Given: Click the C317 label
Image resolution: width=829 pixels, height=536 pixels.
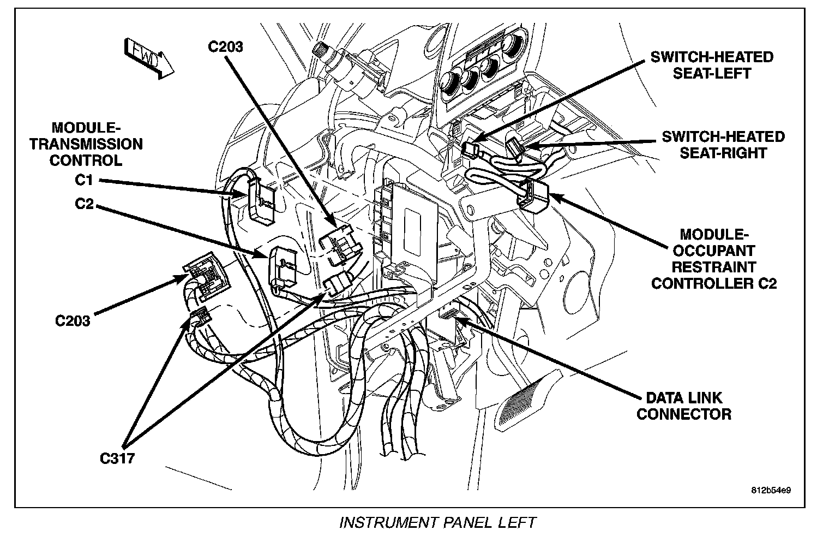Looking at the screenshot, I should point(117,458).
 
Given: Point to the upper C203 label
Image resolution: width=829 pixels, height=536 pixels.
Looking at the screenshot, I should point(226,46).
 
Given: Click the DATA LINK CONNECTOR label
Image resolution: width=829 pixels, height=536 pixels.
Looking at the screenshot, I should point(684,405).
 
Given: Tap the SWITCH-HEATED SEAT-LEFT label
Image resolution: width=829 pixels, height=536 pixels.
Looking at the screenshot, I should point(712,64).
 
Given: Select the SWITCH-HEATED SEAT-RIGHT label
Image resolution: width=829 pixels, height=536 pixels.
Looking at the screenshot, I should point(723,144).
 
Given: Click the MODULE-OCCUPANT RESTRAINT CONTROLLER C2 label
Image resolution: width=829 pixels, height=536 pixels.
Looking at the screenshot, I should point(713,259).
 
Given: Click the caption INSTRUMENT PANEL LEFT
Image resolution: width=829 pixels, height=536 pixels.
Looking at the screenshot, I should point(437,522).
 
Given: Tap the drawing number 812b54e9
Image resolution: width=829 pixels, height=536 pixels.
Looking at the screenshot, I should point(771,490).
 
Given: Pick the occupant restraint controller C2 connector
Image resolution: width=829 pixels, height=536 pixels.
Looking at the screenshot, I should point(533,195).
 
